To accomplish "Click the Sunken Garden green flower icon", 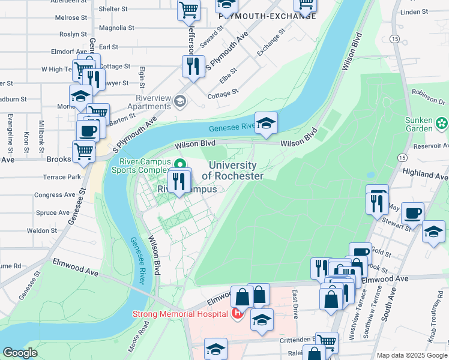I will (x=442, y=123).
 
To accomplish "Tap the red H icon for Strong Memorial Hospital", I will (x=237, y=313).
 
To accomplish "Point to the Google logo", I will (x=20, y=353).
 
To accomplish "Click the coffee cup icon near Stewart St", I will (x=412, y=213).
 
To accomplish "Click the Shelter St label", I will (x=113, y=9).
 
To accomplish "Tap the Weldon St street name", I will (x=41, y=230).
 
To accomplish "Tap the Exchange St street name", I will (x=271, y=46).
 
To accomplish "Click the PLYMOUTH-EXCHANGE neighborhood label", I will (x=267, y=16).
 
